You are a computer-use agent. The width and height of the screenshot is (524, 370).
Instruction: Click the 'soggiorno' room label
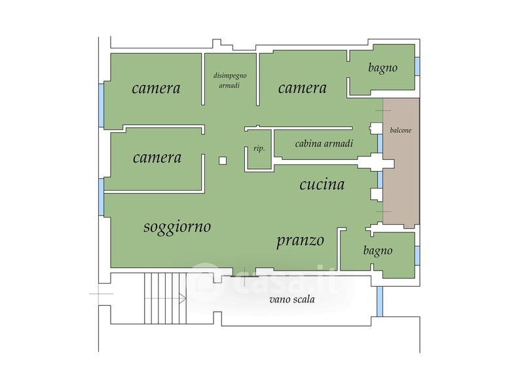[x=177, y=227]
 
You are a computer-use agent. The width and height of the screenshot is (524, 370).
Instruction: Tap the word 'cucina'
[x=322, y=184]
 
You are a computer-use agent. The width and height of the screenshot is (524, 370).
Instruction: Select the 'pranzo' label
[x=300, y=240]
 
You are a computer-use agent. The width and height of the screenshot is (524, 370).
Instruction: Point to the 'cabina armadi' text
[x=324, y=143]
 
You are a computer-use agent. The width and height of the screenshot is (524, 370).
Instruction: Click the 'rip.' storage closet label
[x=259, y=149]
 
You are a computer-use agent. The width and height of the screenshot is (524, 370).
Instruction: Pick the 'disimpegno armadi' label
[x=230, y=80]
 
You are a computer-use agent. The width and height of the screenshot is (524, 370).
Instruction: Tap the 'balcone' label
[x=401, y=130]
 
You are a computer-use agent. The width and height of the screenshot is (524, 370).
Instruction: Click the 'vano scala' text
[x=292, y=299]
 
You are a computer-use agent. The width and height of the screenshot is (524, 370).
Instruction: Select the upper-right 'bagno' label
[x=383, y=68]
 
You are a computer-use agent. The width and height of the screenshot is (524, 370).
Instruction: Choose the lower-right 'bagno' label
[x=378, y=251]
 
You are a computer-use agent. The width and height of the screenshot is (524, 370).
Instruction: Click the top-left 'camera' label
[x=156, y=88]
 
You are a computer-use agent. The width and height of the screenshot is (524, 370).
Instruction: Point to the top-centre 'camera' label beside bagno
[x=303, y=88]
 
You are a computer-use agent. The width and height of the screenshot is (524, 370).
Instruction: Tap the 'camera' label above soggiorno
[x=157, y=158]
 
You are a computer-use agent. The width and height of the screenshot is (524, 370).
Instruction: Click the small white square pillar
[x=223, y=160]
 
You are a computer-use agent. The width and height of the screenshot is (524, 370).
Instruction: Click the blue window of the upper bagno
[x=417, y=66]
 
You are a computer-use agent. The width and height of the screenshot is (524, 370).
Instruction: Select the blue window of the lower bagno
[x=417, y=255]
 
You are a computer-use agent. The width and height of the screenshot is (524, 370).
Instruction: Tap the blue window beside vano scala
[x=380, y=301]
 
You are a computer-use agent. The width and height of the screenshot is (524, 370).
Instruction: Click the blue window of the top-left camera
[x=101, y=105]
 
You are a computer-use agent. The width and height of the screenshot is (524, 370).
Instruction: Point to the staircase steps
[x=166, y=299]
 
